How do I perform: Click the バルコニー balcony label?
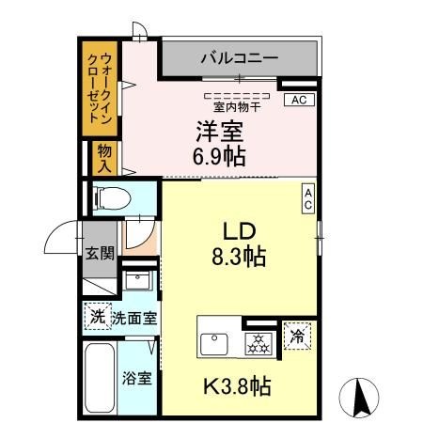pyautogui.click(x=239, y=58)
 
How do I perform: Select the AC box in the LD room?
pyautogui.click(x=307, y=198)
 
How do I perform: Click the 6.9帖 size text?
pyautogui.click(x=222, y=155)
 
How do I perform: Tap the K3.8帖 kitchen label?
pyautogui.click(x=240, y=385)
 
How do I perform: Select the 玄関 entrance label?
pyautogui.click(x=99, y=252)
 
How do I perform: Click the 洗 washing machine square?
pyautogui.click(x=98, y=317)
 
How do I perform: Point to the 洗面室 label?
pyautogui.click(x=134, y=319)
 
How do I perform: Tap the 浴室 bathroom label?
pyautogui.click(x=136, y=379)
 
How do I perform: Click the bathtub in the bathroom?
pyautogui.click(x=99, y=381)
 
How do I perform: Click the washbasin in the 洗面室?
pyautogui.click(x=138, y=282)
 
